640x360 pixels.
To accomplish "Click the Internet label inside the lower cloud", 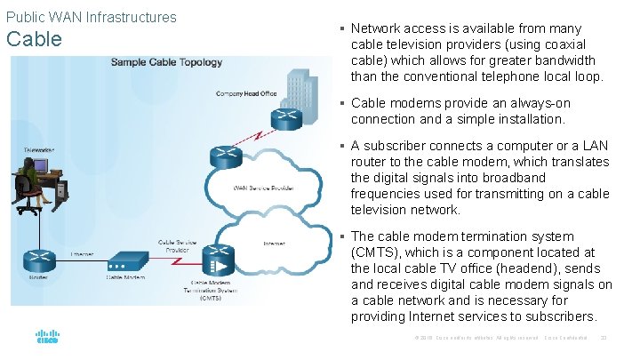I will coord(275,242).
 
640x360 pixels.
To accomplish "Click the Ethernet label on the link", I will coord(82,254).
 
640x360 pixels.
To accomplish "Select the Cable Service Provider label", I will coord(178,245).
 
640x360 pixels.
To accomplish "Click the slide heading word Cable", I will coord(34,39).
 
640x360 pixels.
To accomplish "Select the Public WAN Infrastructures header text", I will coord(91,17).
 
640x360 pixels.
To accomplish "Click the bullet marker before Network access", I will coord(341,28).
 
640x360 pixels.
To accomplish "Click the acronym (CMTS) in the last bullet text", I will coord(374,252).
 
